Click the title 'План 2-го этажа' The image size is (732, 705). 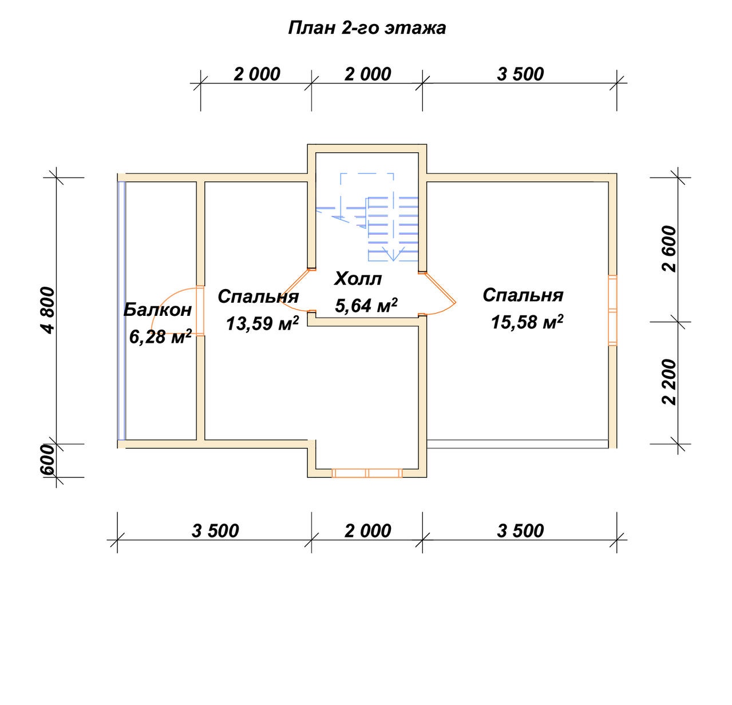(x=367, y=29)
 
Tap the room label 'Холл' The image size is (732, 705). (x=358, y=279)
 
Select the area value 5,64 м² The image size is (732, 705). (x=366, y=305)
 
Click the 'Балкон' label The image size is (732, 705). (x=157, y=310)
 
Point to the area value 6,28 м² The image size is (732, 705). (x=160, y=336)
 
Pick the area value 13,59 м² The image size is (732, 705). (x=262, y=323)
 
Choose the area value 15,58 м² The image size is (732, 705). (x=527, y=322)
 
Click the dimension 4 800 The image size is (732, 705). (x=48, y=310)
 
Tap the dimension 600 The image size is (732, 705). (x=48, y=461)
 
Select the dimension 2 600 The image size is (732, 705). (x=670, y=249)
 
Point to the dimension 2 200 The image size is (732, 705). (x=670, y=382)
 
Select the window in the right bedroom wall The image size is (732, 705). (x=613, y=310)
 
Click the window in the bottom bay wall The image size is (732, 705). (x=367, y=473)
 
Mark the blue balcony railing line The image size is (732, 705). (x=121, y=311)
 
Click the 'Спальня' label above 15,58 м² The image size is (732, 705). (x=523, y=296)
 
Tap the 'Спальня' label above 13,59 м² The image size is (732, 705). (x=258, y=297)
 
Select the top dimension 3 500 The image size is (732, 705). (x=520, y=74)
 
